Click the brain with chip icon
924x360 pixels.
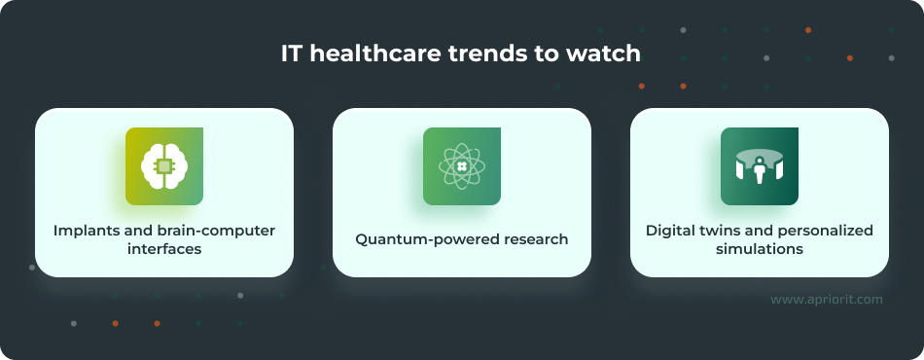pos(164,166)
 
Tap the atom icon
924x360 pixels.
pos(462,166)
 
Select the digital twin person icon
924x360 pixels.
pos(760,166)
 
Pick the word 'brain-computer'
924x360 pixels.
pos(219,231)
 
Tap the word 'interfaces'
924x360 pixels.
pos(164,249)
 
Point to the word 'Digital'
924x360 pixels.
pos(671,231)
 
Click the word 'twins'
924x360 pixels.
pos(721,231)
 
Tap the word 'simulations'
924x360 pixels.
pos(759,249)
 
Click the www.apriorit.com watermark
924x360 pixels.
pos(826,300)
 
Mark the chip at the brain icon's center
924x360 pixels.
pos(164,166)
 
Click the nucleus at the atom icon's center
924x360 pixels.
pos(462,166)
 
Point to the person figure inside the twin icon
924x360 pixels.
pos(760,171)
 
